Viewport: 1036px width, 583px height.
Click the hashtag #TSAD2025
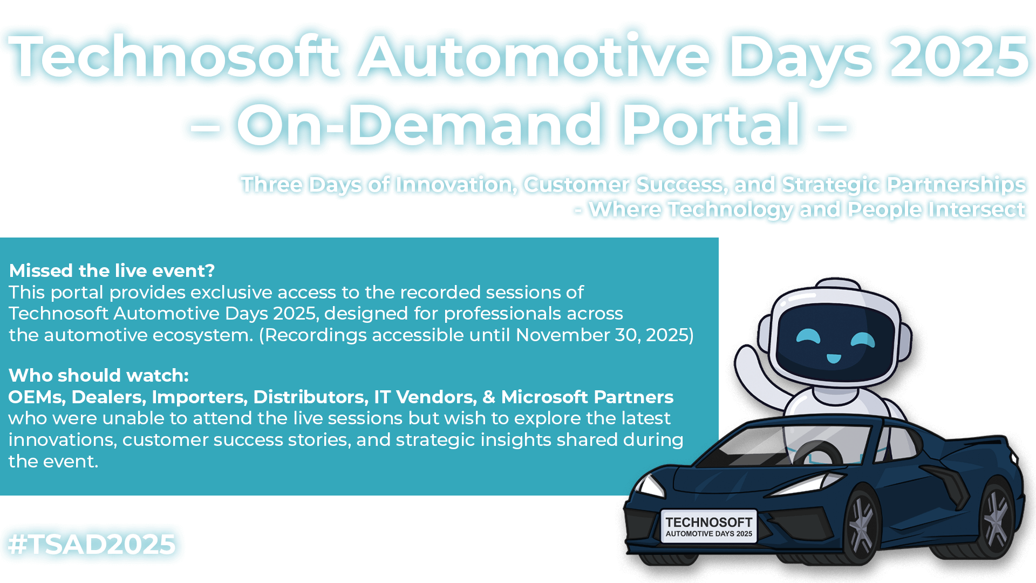coord(92,544)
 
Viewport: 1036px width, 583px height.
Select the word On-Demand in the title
coord(419,125)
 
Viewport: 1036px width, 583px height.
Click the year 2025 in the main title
coord(959,56)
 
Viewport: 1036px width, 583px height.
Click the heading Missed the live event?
coord(112,270)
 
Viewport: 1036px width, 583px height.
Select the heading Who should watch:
coord(99,375)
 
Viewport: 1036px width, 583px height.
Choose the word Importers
coord(200,397)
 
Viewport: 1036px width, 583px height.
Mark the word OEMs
coord(37,397)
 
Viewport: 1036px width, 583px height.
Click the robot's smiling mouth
coord(834,358)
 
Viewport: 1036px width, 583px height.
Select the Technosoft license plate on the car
coord(708,526)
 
